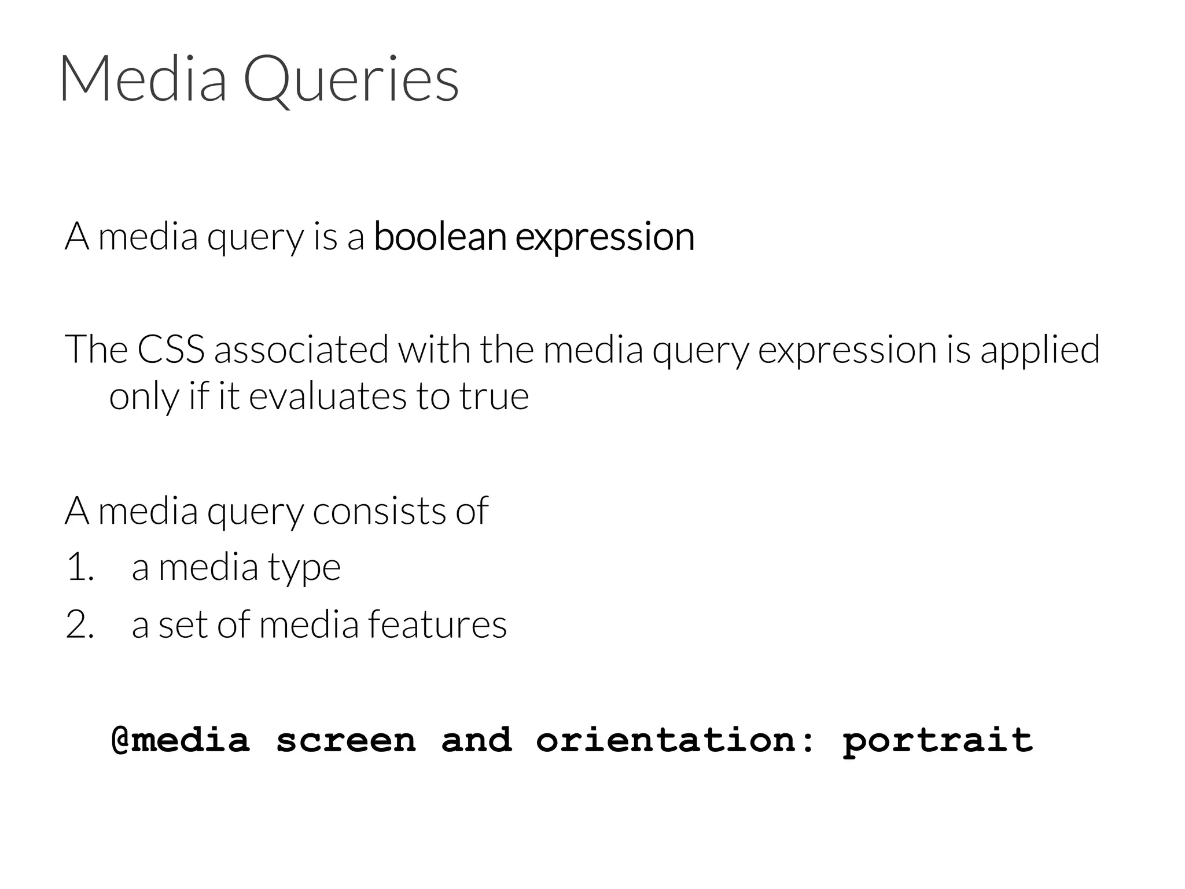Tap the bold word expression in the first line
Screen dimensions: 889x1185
[605, 237]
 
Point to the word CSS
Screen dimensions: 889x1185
[171, 350]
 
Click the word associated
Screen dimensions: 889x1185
[301, 350]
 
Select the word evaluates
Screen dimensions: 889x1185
[327, 396]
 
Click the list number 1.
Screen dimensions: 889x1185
[79, 567]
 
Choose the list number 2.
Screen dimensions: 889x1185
[80, 625]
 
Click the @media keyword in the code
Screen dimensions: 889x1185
[181, 740]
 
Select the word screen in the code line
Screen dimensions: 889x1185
[346, 740]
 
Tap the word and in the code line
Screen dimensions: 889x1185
[476, 740]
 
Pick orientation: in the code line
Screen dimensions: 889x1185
[675, 740]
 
